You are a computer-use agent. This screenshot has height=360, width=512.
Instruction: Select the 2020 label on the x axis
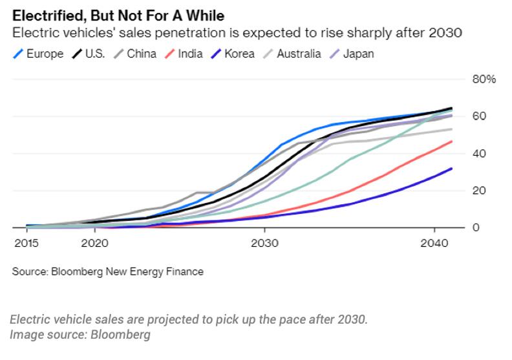(95, 243)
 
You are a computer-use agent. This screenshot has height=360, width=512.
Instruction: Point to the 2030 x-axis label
(263, 243)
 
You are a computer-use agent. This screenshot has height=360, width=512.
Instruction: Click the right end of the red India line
(451, 142)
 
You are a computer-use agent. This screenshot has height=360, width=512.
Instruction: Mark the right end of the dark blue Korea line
(451, 169)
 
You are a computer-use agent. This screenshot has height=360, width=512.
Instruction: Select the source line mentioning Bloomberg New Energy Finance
(107, 271)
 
